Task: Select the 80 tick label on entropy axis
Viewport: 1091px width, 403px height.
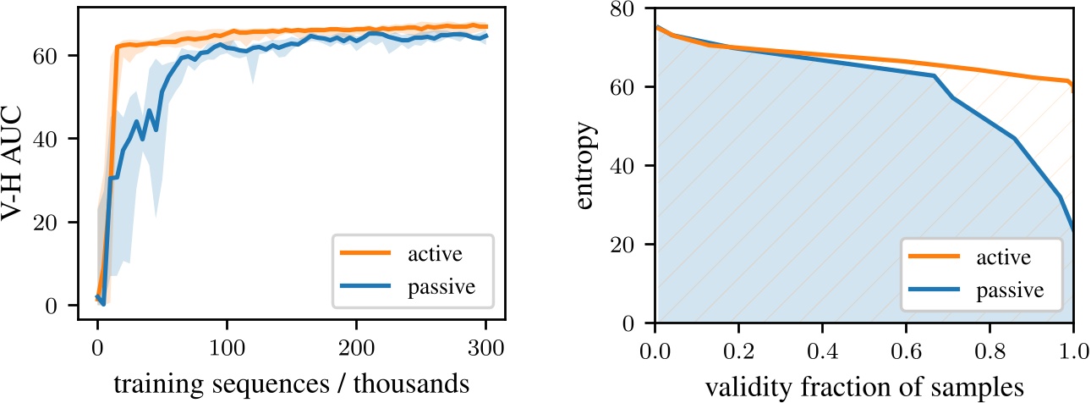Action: pos(628,9)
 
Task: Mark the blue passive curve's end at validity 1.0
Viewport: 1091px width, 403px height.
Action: pos(1073,229)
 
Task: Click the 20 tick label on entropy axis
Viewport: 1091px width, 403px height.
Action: pos(628,246)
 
